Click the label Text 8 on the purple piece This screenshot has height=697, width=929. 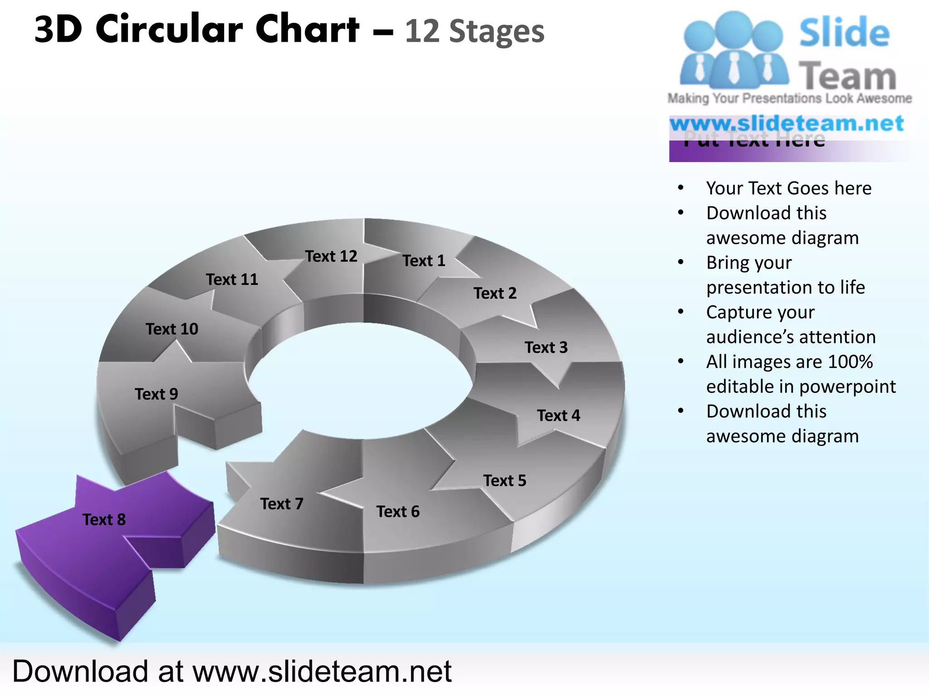coord(104,520)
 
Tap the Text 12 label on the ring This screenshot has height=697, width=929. coord(331,256)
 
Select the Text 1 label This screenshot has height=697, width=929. coord(424,261)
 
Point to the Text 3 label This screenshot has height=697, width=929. coord(546,348)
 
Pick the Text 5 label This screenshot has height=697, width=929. coord(504,481)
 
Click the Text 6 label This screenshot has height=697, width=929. coord(398,512)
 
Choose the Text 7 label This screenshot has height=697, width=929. coord(282,504)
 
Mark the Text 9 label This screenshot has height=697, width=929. coord(156,394)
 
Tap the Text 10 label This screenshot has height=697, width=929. coord(172,329)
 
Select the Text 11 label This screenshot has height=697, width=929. coord(232,280)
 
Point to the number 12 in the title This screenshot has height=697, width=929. coord(422,32)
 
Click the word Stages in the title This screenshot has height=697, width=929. coord(496,32)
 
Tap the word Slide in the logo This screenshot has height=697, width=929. coord(844,33)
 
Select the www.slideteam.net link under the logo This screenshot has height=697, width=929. coord(787,123)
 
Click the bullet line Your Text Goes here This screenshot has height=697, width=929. coord(788,188)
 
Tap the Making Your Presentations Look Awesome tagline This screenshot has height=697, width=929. coord(789,98)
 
